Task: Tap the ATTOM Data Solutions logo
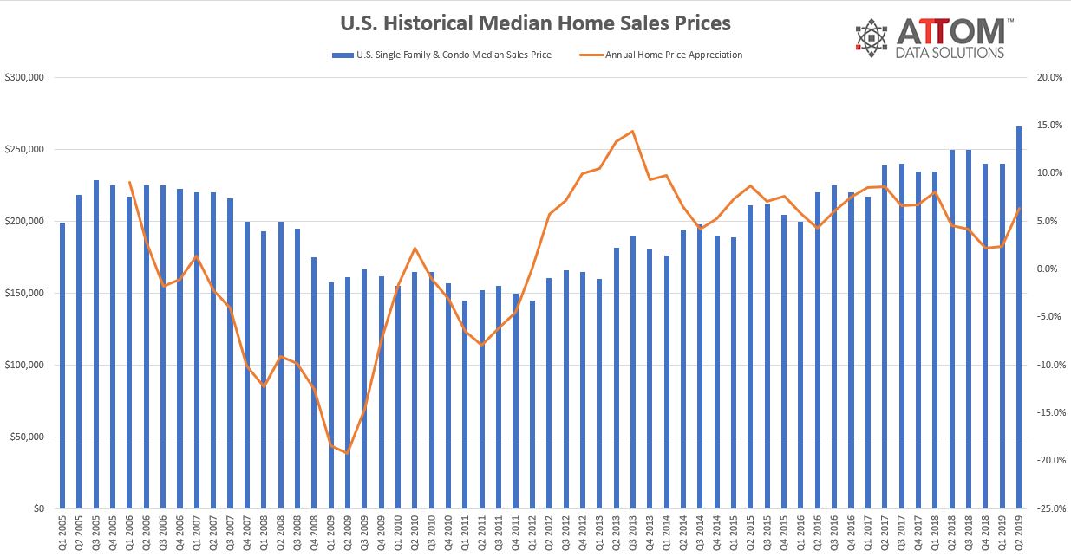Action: (x=931, y=38)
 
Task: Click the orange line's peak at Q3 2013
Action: (x=632, y=131)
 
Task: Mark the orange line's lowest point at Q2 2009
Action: (x=347, y=453)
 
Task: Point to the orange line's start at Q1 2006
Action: (x=129, y=182)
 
